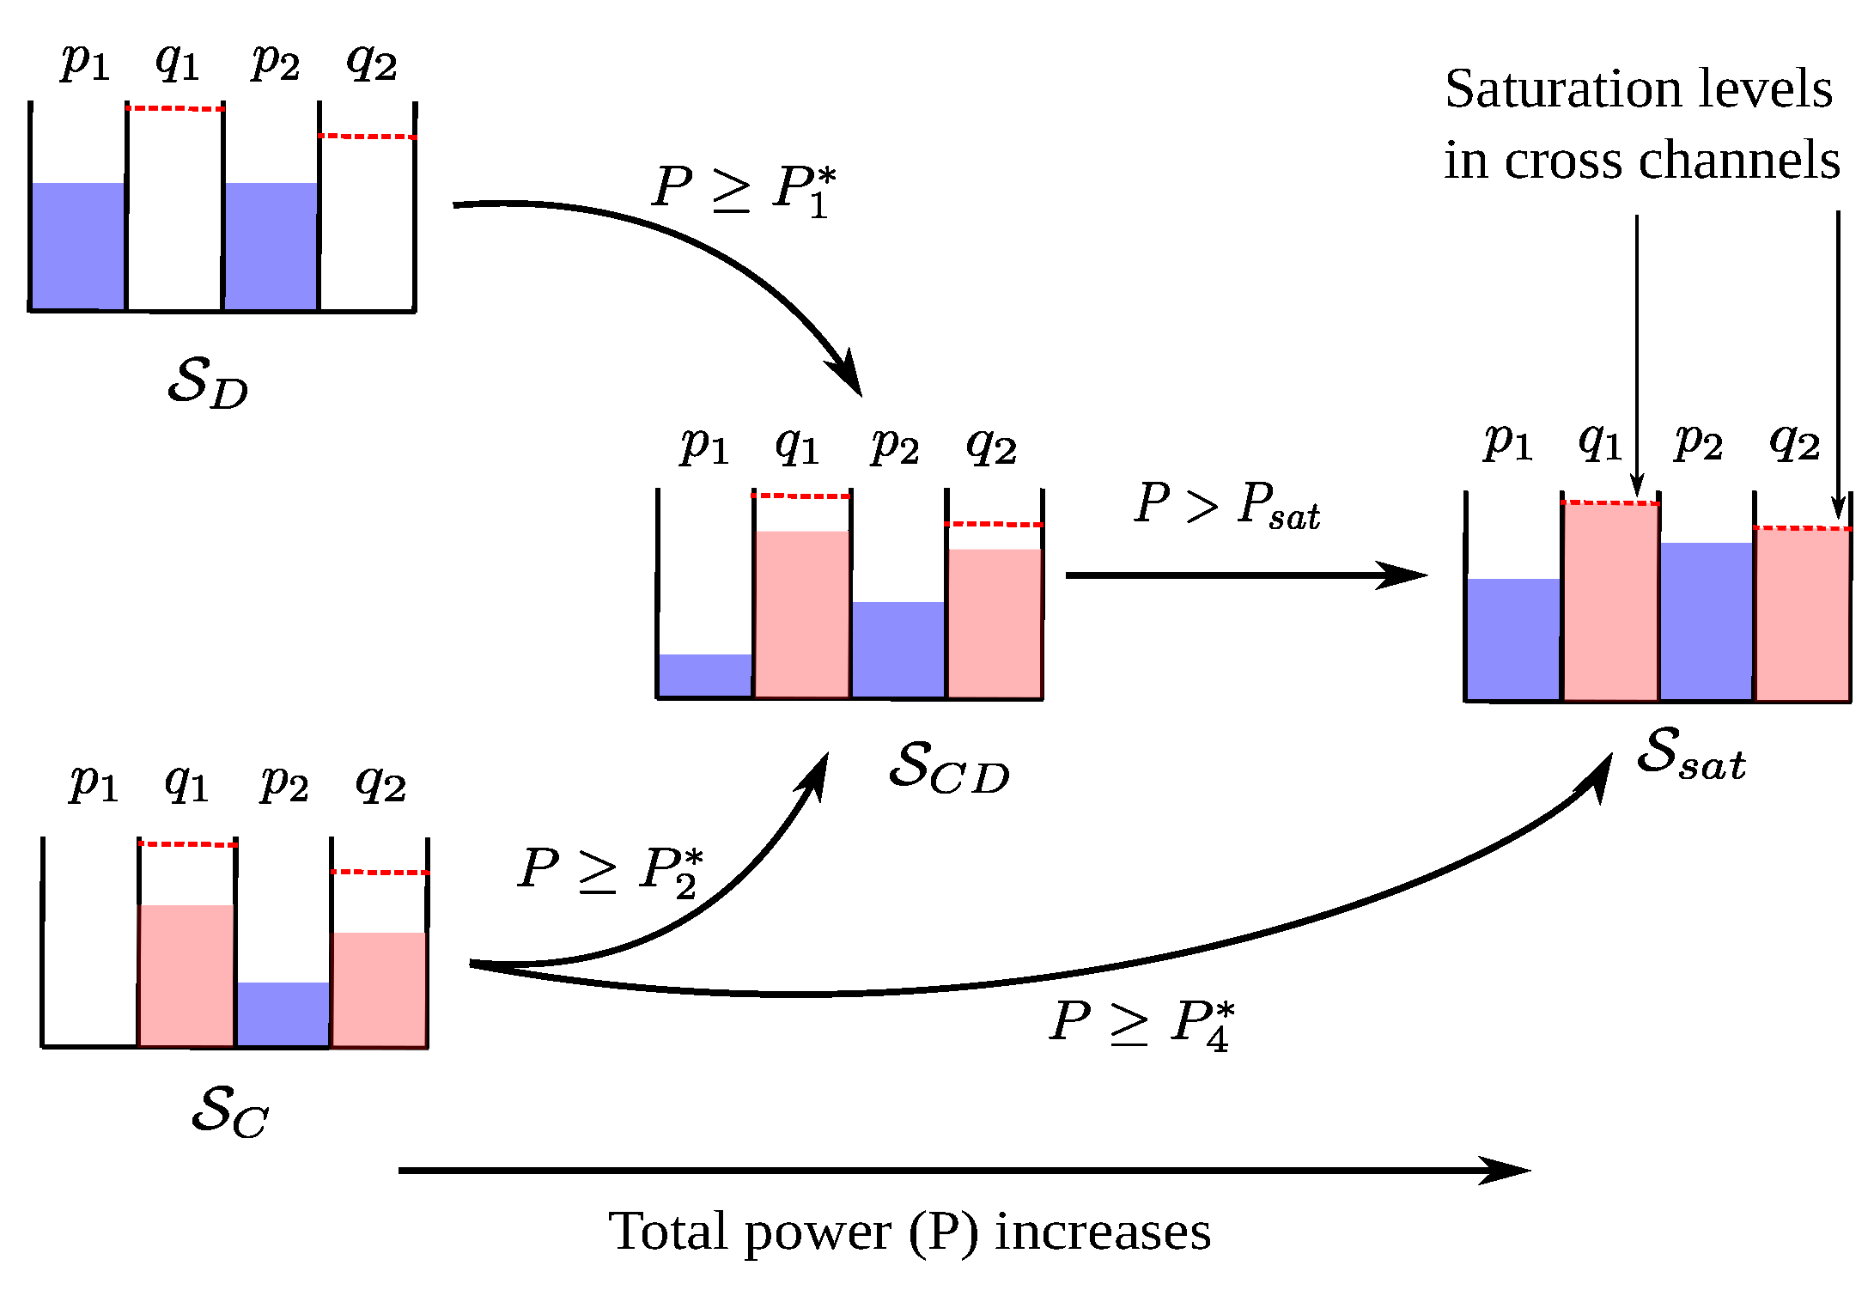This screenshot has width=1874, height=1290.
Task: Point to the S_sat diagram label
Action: [1690, 753]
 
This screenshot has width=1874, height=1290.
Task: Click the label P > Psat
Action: [1226, 504]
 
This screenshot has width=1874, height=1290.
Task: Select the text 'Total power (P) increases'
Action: [910, 1232]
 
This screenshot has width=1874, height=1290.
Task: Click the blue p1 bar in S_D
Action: [77, 246]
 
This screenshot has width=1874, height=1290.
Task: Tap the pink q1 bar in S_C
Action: [186, 975]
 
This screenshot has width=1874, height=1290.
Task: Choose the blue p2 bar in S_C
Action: [283, 1013]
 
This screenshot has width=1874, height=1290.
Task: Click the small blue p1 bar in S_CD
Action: [705, 675]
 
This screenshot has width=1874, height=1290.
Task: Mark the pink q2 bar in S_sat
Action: [1802, 614]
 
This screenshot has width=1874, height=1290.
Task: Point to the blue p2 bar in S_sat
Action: [1706, 620]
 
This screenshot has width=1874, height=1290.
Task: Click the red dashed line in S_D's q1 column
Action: [175, 109]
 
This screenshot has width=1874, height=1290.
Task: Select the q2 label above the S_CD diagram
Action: [992, 446]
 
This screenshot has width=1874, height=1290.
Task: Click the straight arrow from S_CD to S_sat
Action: [1245, 575]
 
